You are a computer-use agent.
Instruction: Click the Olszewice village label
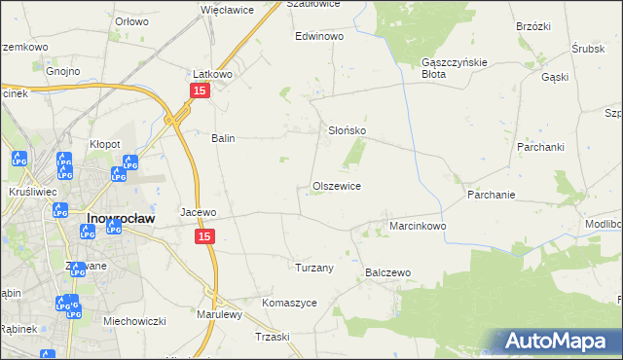[337, 186]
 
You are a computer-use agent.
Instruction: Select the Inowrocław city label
[122, 219]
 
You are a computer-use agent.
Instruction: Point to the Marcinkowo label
[418, 226]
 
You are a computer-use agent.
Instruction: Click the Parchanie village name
[491, 195]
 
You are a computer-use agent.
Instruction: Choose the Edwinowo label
[320, 36]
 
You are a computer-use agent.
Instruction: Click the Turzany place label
[314, 267]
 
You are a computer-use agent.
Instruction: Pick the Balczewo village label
[388, 273]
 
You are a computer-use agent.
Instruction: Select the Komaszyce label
[289, 303]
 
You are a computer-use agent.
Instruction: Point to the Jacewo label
[198, 211]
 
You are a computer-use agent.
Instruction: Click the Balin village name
[224, 138]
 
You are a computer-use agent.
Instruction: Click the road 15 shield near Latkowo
[199, 90]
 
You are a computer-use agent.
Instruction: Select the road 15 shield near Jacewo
[203, 236]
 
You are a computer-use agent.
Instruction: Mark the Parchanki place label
[541, 147]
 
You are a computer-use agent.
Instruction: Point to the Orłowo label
[131, 20]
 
